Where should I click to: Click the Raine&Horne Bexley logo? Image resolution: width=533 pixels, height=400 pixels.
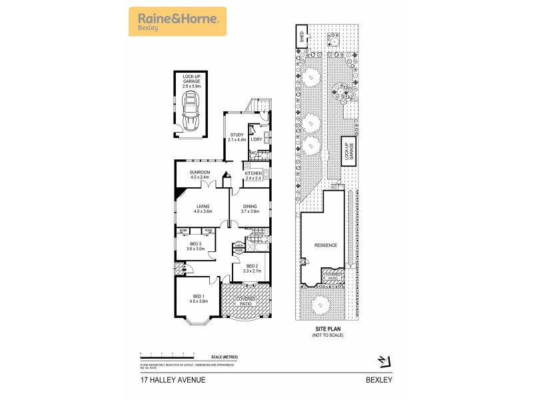pos(177,21)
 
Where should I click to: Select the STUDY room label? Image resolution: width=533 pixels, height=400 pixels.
pos(237,137)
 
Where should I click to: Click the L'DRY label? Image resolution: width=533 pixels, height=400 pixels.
pos(257,139)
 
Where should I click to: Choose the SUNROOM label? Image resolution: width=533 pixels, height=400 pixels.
pos(200,175)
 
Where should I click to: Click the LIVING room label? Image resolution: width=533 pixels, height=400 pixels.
pos(203,208)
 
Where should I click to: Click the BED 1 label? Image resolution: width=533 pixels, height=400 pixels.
pos(199,298)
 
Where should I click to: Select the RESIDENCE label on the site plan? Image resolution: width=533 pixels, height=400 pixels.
pos(326,245)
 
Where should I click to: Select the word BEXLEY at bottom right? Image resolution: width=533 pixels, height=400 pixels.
pos(378,380)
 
